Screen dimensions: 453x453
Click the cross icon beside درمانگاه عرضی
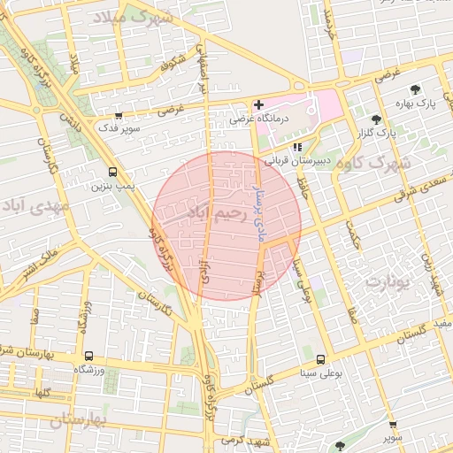click(x=258, y=105)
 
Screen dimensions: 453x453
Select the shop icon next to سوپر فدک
click(x=119, y=115)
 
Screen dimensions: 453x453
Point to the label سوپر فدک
click(x=119, y=128)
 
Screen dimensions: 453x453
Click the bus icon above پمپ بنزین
click(x=111, y=173)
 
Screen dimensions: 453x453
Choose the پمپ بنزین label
click(x=111, y=186)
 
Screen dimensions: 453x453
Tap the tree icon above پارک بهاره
click(x=415, y=89)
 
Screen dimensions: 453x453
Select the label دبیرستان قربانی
click(x=300, y=161)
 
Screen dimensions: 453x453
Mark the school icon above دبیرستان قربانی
click(x=297, y=147)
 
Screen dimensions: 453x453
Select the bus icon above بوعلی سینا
click(x=320, y=359)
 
